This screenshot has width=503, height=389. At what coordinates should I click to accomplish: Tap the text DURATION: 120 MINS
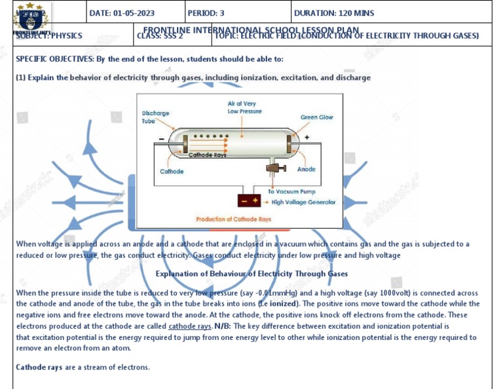pos(334,13)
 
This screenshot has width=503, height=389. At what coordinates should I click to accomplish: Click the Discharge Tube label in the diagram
pos(155,117)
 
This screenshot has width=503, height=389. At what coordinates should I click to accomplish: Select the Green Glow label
pos(317,117)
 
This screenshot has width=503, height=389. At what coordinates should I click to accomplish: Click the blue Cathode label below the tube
pos(172,172)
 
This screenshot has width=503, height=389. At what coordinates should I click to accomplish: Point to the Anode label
pos(306,170)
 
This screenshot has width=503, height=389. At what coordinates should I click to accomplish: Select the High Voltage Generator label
pos(303,202)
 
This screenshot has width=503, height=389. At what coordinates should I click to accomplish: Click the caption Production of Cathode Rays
pos(233,219)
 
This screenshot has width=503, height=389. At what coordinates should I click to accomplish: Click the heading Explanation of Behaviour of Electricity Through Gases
pos(251,274)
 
